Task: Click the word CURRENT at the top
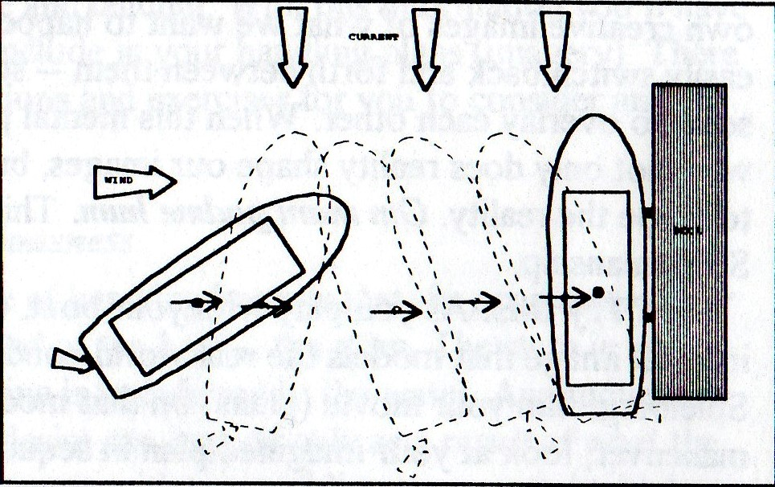[374, 36]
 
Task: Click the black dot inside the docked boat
[598, 292]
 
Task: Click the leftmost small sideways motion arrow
[207, 303]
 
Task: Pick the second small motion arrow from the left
[269, 305]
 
